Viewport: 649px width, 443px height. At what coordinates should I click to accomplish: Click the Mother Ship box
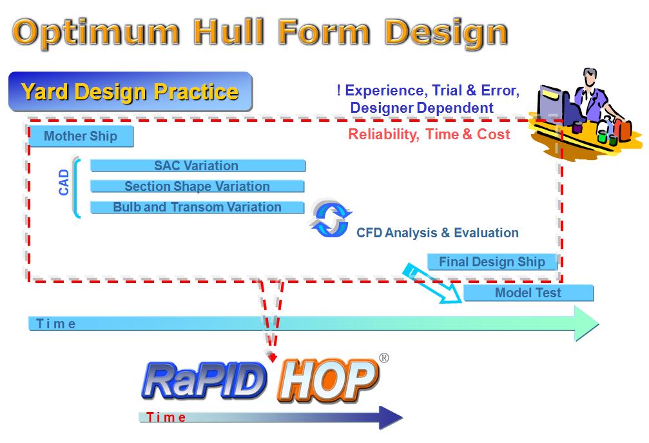click(81, 136)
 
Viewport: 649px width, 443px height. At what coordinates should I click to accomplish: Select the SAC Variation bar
click(198, 166)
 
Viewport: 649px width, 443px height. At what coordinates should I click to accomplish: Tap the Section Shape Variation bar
click(197, 186)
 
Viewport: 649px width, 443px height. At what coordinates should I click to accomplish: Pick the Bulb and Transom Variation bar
click(197, 207)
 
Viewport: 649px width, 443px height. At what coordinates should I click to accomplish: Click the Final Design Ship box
click(492, 262)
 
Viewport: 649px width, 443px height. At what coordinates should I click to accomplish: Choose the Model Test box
click(528, 293)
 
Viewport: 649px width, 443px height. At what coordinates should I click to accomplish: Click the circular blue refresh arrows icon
click(331, 219)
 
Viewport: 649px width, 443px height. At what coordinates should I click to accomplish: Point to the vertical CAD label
click(64, 182)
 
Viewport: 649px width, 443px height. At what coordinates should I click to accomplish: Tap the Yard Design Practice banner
click(130, 92)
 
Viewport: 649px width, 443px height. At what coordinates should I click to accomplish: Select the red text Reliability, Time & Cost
click(429, 134)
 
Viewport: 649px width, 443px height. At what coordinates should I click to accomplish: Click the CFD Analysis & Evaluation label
click(438, 233)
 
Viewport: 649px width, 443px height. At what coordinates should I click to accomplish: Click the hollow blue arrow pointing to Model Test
click(433, 283)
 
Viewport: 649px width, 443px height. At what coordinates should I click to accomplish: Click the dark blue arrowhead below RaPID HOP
click(391, 418)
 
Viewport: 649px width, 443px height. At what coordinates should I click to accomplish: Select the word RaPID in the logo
click(204, 381)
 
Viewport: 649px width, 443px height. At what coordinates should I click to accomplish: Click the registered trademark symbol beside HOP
click(384, 358)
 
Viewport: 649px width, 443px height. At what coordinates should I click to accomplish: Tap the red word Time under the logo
click(166, 417)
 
